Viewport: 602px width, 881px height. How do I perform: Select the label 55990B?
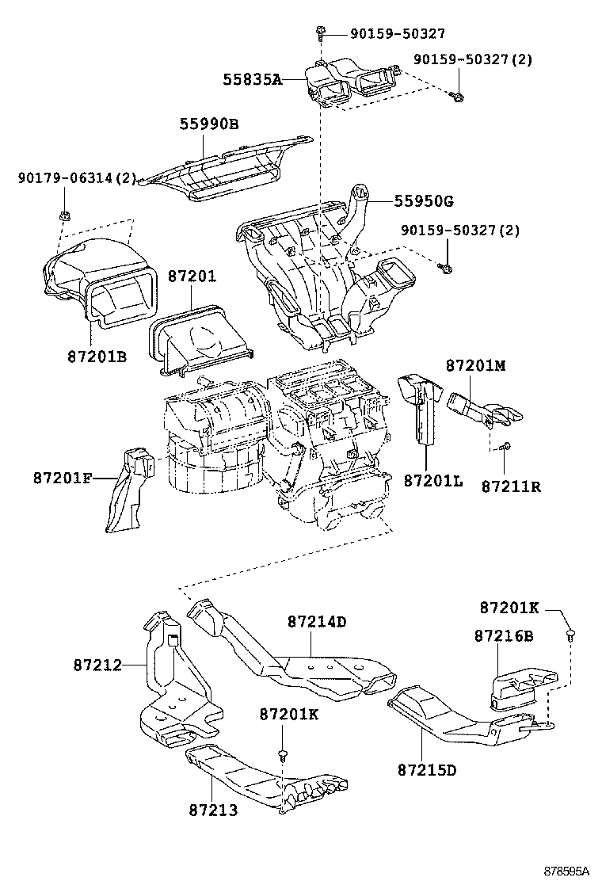(208, 124)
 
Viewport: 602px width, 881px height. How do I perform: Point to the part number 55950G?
(424, 201)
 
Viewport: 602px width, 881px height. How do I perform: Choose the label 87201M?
(475, 365)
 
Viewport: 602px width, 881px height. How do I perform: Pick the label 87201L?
(432, 480)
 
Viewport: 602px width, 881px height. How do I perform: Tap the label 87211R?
(511, 486)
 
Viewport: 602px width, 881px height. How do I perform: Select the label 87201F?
(63, 478)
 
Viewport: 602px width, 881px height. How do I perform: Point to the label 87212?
(97, 665)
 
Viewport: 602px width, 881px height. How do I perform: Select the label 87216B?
(504, 636)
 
